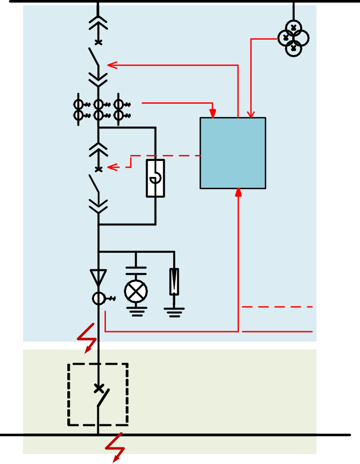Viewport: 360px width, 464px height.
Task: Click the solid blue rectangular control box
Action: [x=232, y=153]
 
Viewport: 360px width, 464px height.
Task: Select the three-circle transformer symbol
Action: [x=293, y=38]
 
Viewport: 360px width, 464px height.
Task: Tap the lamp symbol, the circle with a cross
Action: [x=136, y=291]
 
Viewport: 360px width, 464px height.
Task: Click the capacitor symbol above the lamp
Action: [x=136, y=271]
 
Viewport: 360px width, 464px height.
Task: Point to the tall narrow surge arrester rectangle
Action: [x=174, y=281]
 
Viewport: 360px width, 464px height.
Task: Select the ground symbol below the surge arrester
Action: [x=174, y=313]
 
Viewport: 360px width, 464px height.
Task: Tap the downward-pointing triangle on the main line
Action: [x=98, y=277]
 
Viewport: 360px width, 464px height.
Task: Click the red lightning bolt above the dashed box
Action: [x=87, y=338]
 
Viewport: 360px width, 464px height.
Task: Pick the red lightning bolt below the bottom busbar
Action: [x=116, y=446]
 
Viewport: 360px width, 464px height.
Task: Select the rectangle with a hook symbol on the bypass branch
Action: [x=156, y=179]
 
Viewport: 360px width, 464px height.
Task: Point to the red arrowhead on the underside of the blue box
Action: [x=238, y=193]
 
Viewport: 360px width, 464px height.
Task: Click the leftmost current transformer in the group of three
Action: [x=79, y=110]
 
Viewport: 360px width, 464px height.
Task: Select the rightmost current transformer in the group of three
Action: [x=119, y=110]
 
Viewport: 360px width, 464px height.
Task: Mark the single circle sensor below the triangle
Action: [x=99, y=299]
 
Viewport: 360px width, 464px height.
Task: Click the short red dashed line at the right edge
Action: [x=277, y=306]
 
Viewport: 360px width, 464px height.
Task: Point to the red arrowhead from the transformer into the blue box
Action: [x=251, y=114]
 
